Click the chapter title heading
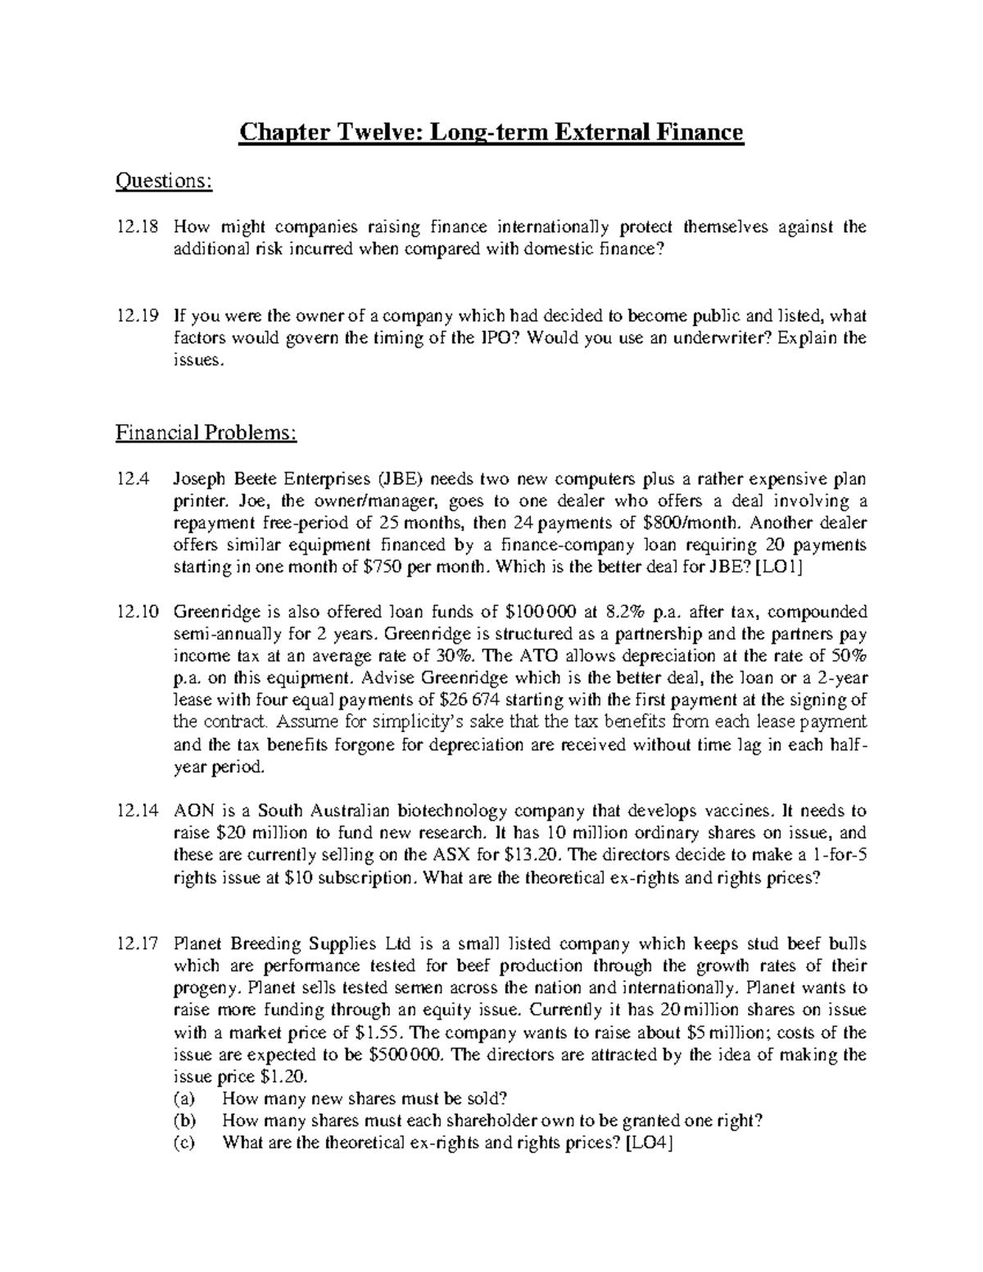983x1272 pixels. click(x=491, y=132)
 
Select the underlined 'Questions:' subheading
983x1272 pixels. click(x=165, y=181)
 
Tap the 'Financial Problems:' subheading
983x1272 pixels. click(x=206, y=432)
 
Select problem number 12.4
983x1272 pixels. click(x=131, y=479)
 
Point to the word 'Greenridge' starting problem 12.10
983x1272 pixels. click(x=215, y=612)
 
